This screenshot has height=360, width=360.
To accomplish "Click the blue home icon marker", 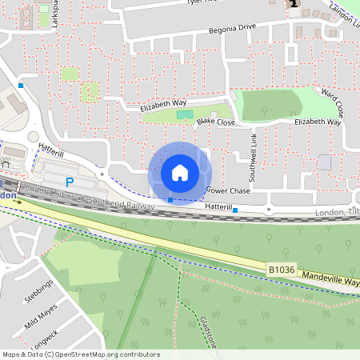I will click(x=179, y=173).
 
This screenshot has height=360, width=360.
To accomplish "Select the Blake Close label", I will click(x=216, y=122).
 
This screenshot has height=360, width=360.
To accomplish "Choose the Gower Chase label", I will click(x=228, y=191).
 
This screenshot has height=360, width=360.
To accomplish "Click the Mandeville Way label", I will click(x=330, y=279).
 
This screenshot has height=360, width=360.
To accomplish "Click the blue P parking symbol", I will click(x=70, y=182).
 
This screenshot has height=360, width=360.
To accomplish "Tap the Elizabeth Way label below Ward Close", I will click(x=318, y=122).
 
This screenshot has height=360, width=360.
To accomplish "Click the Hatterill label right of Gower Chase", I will click(x=218, y=207).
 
